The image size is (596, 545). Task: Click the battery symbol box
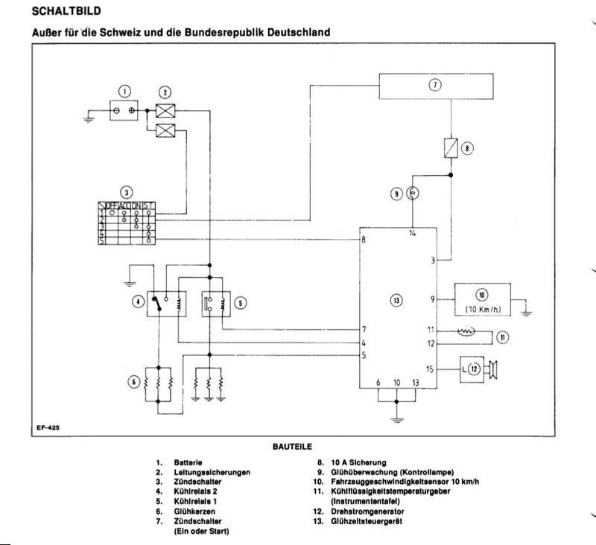coord(124,110)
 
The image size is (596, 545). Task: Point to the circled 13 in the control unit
coord(396,300)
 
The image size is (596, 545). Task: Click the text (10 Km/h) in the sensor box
coord(482,309)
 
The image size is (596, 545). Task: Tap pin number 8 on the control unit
coord(363,239)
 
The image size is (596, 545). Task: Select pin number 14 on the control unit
coord(413,235)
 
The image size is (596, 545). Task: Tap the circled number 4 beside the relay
coord(137,302)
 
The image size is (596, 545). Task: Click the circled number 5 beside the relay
coord(241,302)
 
